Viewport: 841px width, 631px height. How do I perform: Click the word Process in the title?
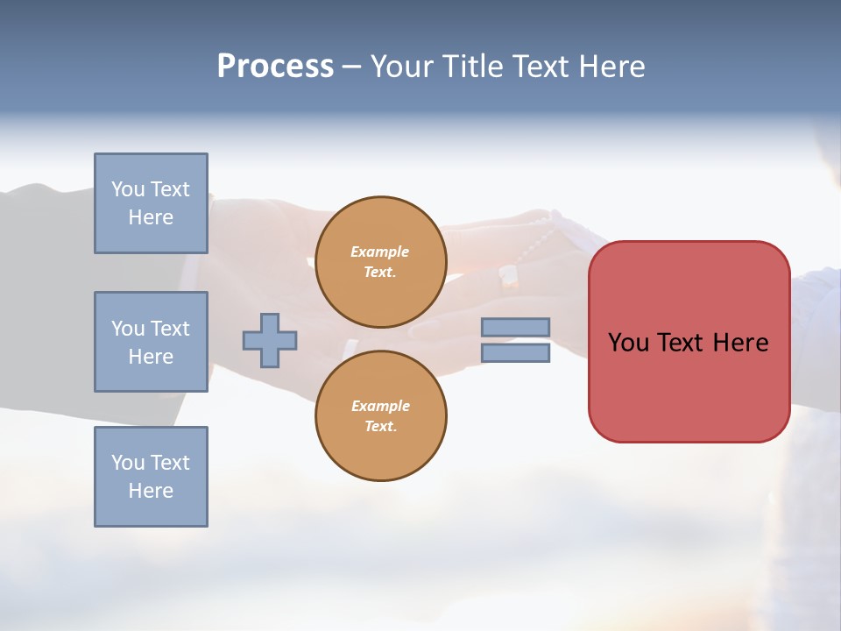[275, 67]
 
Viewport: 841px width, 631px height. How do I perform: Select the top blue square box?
[151, 203]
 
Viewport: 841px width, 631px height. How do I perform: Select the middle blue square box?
[151, 342]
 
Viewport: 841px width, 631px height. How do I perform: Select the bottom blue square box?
[151, 477]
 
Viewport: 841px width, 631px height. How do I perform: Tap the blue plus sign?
[270, 340]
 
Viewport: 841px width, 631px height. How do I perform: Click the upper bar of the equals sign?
[515, 327]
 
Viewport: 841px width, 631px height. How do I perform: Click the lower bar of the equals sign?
[515, 352]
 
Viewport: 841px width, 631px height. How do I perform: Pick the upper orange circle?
[380, 261]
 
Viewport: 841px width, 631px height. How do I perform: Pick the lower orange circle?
[380, 415]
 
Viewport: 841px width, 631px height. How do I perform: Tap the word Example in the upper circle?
[380, 252]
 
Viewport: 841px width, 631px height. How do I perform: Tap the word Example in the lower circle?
[380, 406]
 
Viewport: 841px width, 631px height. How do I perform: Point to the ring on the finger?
[509, 278]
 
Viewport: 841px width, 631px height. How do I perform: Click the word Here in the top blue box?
[151, 217]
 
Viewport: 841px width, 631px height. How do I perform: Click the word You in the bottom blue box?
[128, 463]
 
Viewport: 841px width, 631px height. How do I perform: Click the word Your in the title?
[403, 67]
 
